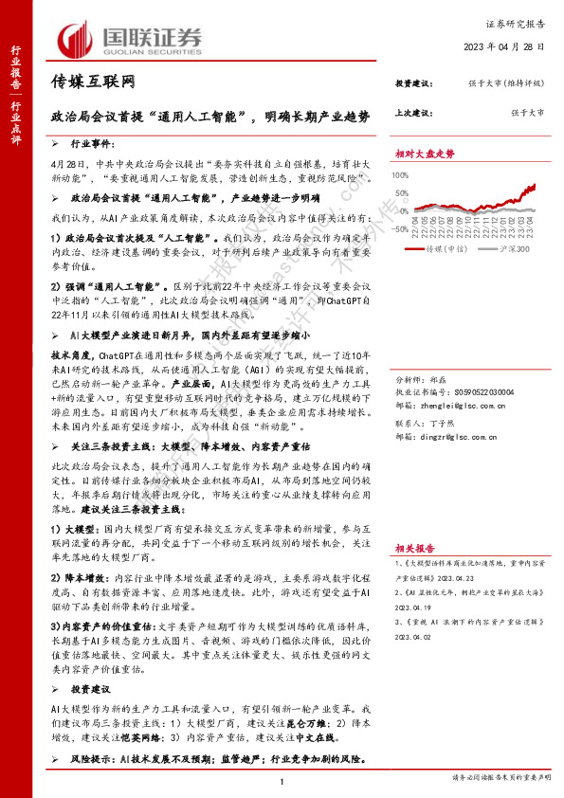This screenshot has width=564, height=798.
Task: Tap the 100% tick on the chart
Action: coord(403,172)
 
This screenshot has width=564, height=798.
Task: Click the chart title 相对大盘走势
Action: coord(425,153)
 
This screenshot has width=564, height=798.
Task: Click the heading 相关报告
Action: coord(415,548)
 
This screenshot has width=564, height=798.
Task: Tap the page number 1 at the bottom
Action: coord(282,780)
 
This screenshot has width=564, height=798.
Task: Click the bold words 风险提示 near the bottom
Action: coord(93,758)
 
